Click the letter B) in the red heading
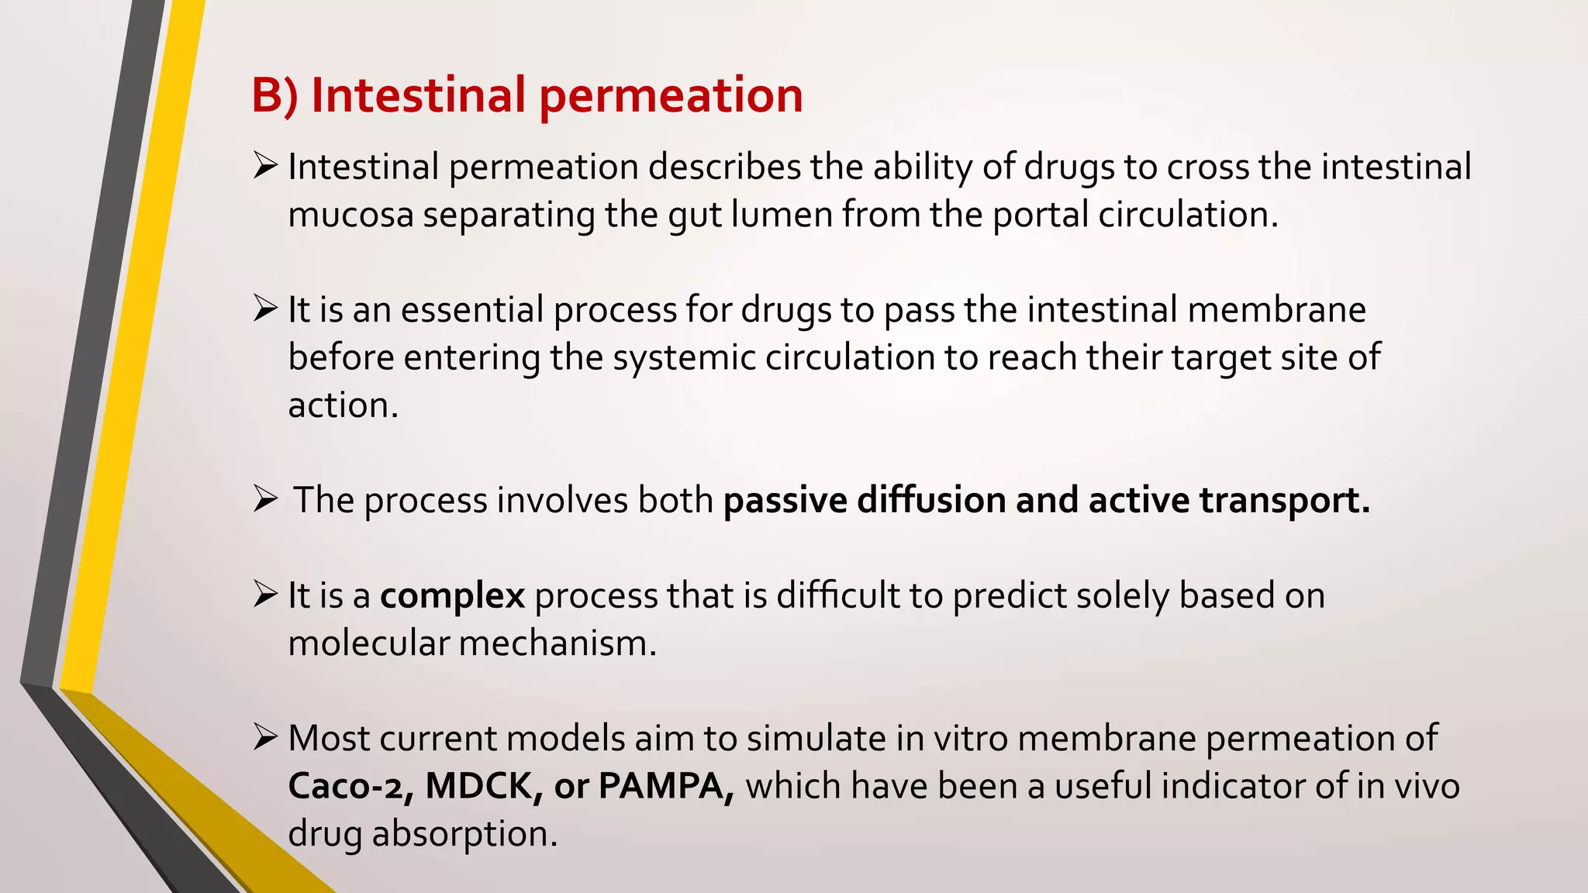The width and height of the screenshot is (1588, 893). pyautogui.click(x=274, y=96)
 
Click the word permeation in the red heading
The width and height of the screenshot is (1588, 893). pyautogui.click(x=671, y=96)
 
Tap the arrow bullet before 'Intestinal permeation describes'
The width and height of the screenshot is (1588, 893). pyautogui.click(x=265, y=166)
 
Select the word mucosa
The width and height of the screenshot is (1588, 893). pyautogui.click(x=350, y=215)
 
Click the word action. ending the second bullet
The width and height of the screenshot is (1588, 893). pyautogui.click(x=343, y=405)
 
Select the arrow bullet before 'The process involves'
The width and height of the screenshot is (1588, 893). pyautogui.click(x=265, y=500)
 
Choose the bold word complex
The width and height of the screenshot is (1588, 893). pyautogui.click(x=452, y=596)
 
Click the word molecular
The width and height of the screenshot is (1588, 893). pyautogui.click(x=368, y=643)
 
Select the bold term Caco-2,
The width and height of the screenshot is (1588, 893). pyautogui.click(x=351, y=786)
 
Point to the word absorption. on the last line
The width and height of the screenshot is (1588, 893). pyautogui.click(x=464, y=834)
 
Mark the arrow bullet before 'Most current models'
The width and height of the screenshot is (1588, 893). pyautogui.click(x=265, y=738)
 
